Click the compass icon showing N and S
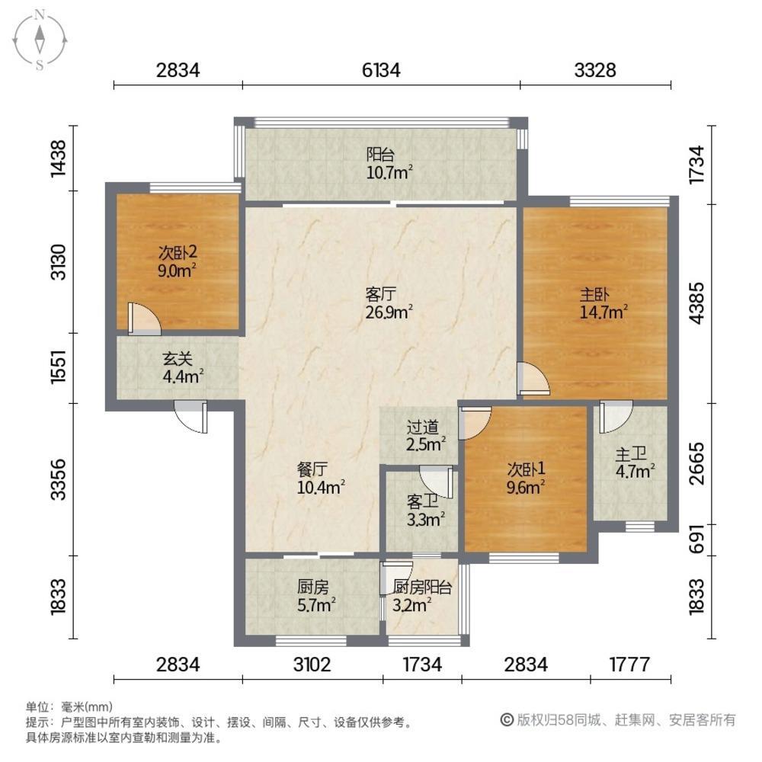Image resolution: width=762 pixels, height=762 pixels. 40,39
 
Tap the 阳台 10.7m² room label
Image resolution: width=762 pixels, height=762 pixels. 389,162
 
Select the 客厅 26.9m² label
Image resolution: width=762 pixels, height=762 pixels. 389,301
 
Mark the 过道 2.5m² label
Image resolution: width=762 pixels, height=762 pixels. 425,434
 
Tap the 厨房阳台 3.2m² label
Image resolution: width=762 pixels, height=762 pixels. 422,596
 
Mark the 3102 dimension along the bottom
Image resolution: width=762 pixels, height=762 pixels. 312,664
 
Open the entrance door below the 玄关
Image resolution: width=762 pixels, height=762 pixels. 190,418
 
